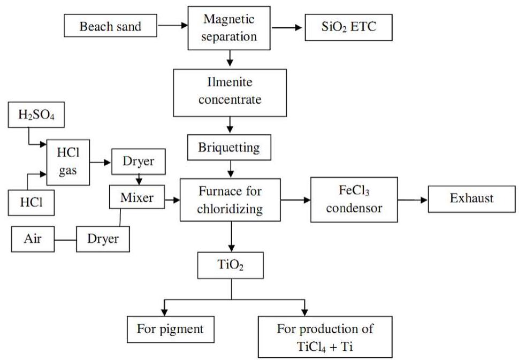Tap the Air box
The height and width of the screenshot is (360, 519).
33,239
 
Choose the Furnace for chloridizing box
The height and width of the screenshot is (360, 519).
230,199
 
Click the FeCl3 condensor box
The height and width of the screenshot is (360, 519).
354,199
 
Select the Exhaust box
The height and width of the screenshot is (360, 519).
471,198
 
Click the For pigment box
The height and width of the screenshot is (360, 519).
170,329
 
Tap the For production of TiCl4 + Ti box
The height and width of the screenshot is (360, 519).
325,336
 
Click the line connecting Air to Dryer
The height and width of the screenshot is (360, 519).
65,239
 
